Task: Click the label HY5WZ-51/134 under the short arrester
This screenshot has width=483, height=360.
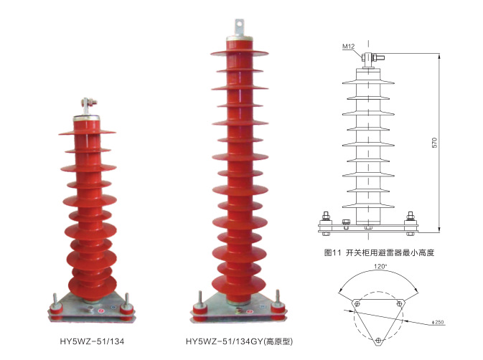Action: click(x=92, y=341)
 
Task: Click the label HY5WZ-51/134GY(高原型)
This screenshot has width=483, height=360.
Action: click(x=239, y=341)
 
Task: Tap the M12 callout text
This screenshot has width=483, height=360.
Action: click(x=348, y=47)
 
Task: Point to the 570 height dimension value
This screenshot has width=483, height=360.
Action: click(x=434, y=143)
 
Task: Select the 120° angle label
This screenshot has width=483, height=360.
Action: click(x=380, y=267)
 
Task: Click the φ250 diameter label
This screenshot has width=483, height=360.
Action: click(x=438, y=322)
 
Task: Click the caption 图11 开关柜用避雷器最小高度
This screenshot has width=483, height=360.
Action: click(x=379, y=253)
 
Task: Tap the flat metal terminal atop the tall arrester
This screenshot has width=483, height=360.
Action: click(x=239, y=28)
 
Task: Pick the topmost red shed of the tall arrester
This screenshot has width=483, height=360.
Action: click(x=239, y=53)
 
